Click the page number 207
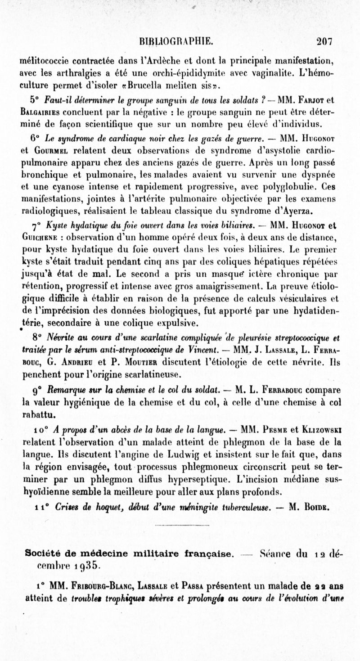pos(323,42)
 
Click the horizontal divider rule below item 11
pos(180,525)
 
